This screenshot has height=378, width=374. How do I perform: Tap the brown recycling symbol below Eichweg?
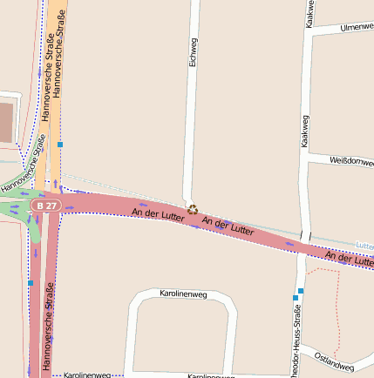coord(193,209)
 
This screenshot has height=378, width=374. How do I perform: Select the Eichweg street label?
coord(194,54)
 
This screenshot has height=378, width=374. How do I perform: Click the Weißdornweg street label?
coord(351,161)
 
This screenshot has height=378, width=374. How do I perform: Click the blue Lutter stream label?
coord(364,245)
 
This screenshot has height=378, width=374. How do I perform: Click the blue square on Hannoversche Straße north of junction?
coord(60,144)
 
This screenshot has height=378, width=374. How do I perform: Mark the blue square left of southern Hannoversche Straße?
coord(31,282)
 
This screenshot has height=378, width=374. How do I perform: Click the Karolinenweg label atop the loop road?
coord(181,294)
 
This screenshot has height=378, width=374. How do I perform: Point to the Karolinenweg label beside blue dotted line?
coord(87,375)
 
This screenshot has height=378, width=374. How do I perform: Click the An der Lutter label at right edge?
coord(349,258)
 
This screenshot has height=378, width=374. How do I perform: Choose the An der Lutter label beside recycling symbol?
coord(228,226)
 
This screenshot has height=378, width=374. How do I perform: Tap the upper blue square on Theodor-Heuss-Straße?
coord(301,290)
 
